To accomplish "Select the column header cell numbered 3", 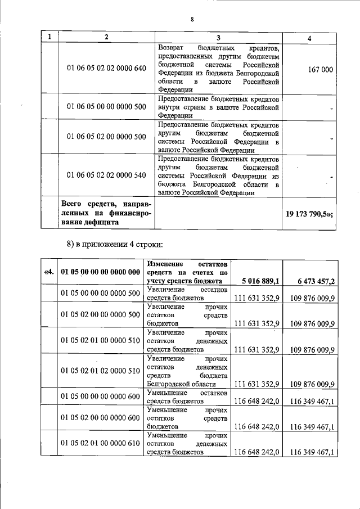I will coord(218,37).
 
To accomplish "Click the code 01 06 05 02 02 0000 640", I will coord(106,69).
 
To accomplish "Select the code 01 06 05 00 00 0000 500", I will coord(106,107).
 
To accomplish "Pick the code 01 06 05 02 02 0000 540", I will coord(106,175).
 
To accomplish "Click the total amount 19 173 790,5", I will coord(310,214).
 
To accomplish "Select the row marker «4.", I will coord(49,273).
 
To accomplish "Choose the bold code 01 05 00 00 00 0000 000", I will coord(100,273).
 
